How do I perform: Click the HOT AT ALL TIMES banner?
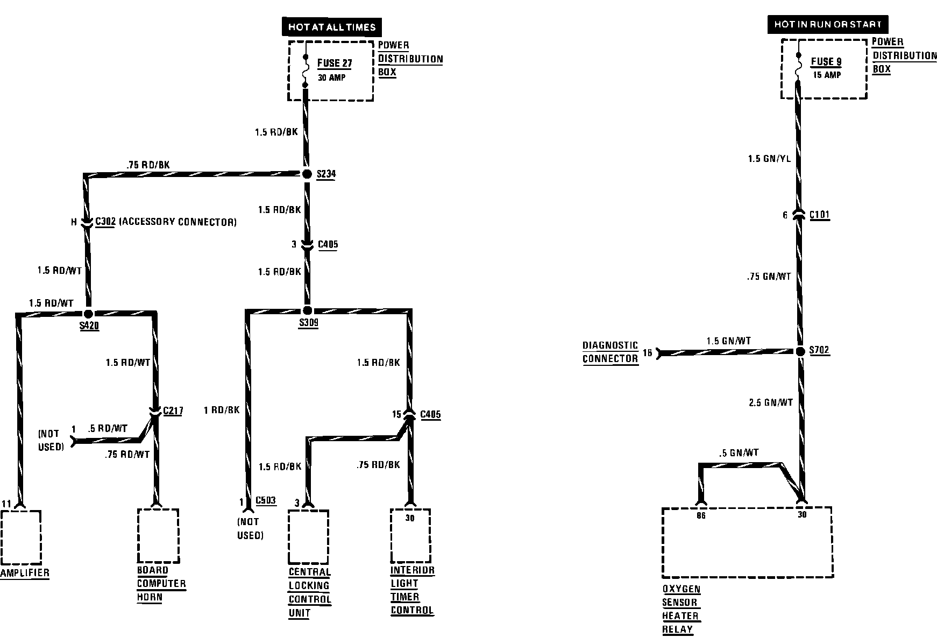[331, 27]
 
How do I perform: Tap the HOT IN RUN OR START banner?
[827, 24]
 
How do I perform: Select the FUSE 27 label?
[335, 63]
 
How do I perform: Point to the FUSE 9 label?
[826, 62]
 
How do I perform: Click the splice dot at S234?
[307, 174]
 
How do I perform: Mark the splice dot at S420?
[89, 314]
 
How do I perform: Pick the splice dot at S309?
[308, 310]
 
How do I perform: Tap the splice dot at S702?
[800, 351]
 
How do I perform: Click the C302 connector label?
[105, 222]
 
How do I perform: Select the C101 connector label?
[819, 215]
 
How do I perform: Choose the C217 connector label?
[173, 411]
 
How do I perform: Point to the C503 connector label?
[266, 500]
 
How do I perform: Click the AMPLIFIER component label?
[25, 573]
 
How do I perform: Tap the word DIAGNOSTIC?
[610, 345]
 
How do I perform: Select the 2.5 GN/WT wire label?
[771, 402]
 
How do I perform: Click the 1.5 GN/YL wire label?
[769, 159]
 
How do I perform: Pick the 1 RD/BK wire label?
[222, 410]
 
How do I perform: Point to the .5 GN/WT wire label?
[739, 453]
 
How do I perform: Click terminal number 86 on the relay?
[701, 516]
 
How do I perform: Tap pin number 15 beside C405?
[397, 414]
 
